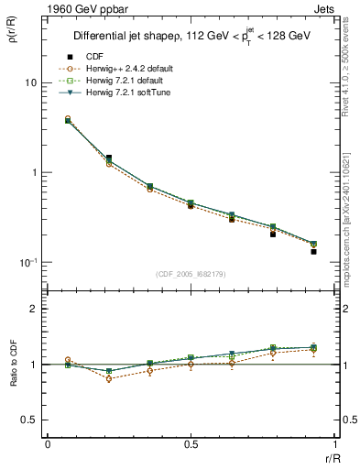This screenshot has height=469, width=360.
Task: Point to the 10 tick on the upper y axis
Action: click(30, 82)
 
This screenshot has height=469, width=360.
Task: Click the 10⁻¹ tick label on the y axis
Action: click(27, 262)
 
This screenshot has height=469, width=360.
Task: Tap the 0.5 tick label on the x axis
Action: click(191, 443)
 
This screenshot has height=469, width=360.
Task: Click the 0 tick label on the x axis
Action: click(48, 443)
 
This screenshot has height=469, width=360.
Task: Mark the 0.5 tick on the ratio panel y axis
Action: click(30, 420)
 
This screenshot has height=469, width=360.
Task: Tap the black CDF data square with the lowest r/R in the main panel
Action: click(69, 120)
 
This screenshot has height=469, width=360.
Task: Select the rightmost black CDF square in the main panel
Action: click(313, 251)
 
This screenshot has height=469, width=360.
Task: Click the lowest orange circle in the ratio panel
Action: click(109, 378)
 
